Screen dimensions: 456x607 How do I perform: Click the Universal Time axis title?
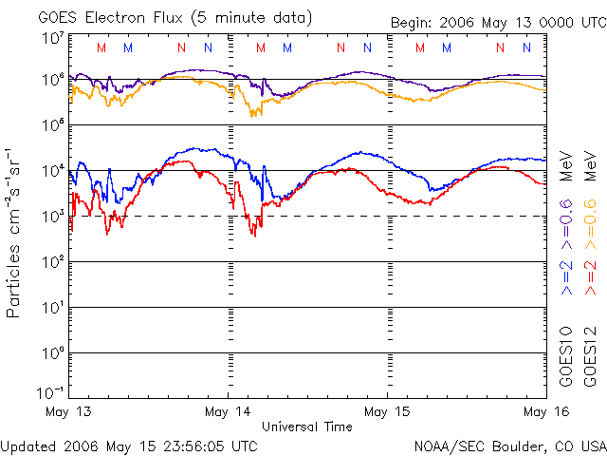pos(306,427)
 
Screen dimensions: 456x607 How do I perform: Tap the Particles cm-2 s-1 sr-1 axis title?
pos(15,232)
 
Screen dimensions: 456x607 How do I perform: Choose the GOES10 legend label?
pos(566,353)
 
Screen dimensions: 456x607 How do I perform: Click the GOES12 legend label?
pos(589,353)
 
